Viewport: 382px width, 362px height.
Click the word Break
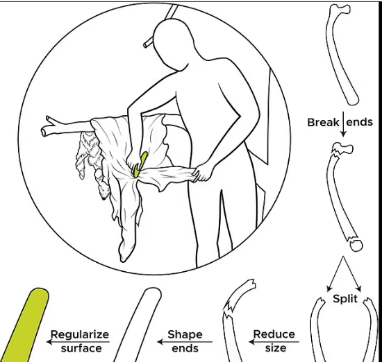pos(323,122)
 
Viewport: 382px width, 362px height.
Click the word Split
pos(345,299)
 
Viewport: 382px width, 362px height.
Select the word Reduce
pos(274,334)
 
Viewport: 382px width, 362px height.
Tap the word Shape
pos(185,335)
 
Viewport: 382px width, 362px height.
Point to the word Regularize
pos(80,335)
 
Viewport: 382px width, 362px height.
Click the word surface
pos(81,348)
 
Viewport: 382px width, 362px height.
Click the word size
pos(276,348)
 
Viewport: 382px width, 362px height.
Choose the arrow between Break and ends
pos(343,124)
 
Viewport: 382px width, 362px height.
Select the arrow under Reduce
pos(274,342)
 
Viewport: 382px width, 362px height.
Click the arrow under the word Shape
pos(185,342)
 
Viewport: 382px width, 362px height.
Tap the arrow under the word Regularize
pos(78,342)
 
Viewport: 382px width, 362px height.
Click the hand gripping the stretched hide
pos(202,172)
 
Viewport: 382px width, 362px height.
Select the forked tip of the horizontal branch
pos(49,126)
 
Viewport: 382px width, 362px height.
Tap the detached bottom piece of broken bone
pos(356,245)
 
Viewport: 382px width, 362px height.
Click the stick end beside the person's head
pos(147,44)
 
